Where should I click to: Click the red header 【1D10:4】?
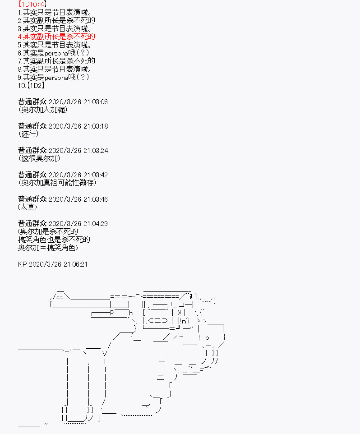point(32,4)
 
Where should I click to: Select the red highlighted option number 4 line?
point(56,37)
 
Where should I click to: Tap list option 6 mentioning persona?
point(53,53)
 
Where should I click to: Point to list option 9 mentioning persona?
point(53,77)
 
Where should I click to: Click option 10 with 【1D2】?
point(31,86)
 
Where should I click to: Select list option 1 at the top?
point(55,13)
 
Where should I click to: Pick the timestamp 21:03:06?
point(96,102)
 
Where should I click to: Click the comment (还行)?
point(28,134)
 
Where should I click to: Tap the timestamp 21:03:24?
point(96,151)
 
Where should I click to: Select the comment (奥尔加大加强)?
point(42,110)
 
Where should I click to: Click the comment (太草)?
point(28,207)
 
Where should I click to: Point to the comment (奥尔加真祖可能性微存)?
point(57,183)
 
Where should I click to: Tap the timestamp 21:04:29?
point(96,224)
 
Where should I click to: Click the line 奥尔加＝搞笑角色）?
point(48,248)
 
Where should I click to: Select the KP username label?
point(22,264)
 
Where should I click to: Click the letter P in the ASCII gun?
point(112,313)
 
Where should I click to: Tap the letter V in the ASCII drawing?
point(104,353)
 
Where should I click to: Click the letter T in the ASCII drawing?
point(67,353)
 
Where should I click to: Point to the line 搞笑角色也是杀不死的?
point(54,240)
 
